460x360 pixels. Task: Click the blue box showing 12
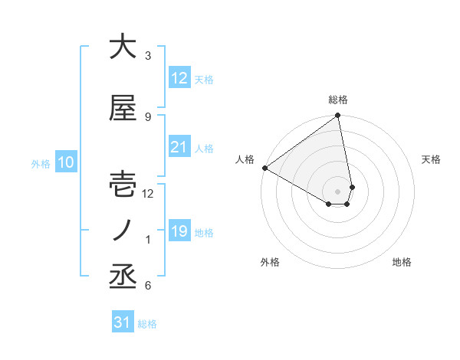[x=179, y=78]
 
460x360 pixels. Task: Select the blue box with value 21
[x=179, y=147]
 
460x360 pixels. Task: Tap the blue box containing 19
[x=179, y=231]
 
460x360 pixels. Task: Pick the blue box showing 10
[x=66, y=162]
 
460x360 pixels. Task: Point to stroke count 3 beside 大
[x=148, y=55]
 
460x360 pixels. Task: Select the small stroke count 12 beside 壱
[x=148, y=194]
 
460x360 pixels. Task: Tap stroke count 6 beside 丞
[x=148, y=286]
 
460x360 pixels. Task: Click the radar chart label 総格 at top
[x=338, y=100]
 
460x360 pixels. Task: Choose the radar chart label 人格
[x=245, y=159]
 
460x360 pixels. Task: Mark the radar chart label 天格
[x=432, y=159]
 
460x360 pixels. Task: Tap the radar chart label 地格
[x=402, y=262]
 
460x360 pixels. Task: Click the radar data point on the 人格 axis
[x=264, y=168]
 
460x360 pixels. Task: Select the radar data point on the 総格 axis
[x=338, y=116]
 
